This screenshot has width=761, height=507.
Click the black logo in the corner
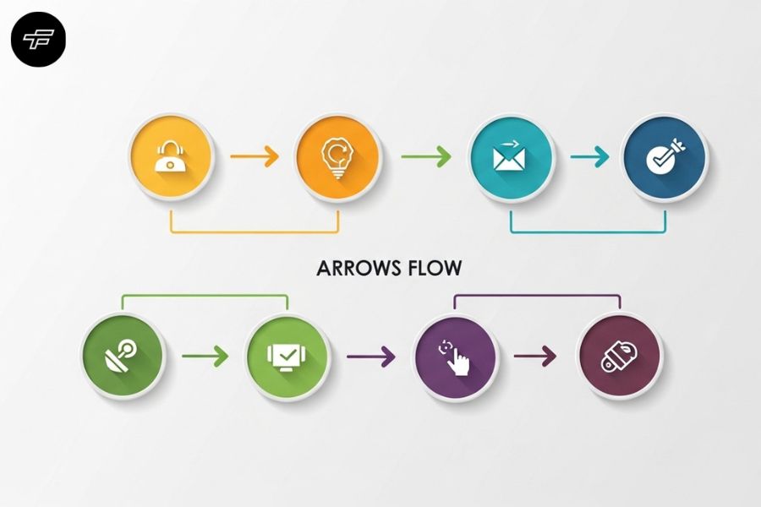(x=38, y=40)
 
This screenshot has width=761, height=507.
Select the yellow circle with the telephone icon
(x=171, y=156)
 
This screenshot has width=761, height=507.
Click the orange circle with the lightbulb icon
(x=337, y=156)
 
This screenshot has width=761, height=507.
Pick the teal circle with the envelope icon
(x=512, y=158)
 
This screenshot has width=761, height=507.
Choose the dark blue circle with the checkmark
(x=665, y=157)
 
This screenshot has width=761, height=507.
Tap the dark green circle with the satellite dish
(x=123, y=356)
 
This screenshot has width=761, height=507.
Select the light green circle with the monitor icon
(x=287, y=357)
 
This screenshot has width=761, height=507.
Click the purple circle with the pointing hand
(x=455, y=357)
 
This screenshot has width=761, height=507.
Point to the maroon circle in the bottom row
(x=619, y=356)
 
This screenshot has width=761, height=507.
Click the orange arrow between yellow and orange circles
(x=255, y=156)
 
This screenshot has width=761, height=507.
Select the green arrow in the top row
(x=426, y=156)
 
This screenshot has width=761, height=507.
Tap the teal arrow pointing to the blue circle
(x=589, y=156)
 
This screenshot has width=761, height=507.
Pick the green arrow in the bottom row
(x=205, y=356)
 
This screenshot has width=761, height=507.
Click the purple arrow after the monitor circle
(x=371, y=357)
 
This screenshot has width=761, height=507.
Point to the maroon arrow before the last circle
(x=535, y=356)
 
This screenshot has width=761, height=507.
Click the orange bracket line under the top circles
(x=255, y=232)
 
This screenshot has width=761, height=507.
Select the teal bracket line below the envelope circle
(x=588, y=232)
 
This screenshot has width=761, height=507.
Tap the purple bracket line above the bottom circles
(x=537, y=295)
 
